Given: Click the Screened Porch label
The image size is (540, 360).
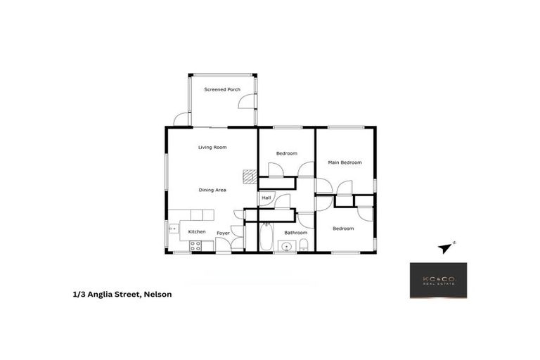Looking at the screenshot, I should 221,89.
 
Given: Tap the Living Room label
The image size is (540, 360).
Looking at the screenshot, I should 212,148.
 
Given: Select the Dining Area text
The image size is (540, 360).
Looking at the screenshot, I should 212,190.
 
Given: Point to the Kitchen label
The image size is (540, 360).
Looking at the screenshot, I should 197,232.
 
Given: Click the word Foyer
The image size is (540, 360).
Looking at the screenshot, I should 223,233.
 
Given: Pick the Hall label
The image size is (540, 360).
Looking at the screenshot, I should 266,198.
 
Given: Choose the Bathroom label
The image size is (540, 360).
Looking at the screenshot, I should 295,233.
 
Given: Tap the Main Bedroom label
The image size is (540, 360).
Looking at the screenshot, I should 345,162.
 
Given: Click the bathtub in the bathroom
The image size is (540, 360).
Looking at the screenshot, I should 266,237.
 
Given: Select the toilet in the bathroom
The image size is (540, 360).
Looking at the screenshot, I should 304,245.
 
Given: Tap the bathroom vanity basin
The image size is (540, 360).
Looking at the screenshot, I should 285,245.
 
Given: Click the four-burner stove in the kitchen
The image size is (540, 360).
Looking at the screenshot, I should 195,245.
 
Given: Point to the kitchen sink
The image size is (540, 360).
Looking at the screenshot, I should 173,228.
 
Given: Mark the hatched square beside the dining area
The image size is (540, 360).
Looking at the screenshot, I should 248,176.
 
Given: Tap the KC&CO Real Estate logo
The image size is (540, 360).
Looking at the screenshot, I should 438,280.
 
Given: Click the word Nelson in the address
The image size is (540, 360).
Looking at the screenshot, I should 157,295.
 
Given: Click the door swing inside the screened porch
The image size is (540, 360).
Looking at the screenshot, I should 247,101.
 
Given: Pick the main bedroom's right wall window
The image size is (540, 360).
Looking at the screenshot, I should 375,185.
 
